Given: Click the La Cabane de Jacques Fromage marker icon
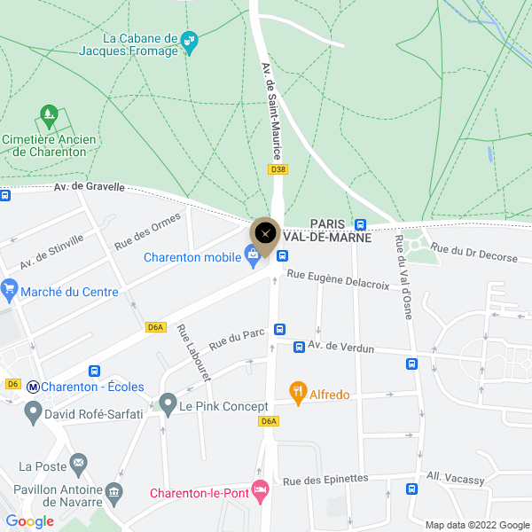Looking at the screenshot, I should point(189,42).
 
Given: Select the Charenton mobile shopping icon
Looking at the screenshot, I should point(253,257).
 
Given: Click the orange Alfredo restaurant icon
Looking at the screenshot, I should point(298,390).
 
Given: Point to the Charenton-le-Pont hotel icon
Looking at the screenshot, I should point(261,489).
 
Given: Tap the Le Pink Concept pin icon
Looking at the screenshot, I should point(168,406).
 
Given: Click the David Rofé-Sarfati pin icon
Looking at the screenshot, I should point(34,411).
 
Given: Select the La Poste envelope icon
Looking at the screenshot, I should point(79,462).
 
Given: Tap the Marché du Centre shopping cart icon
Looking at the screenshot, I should point(10,289).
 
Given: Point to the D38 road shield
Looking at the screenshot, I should point(278,168).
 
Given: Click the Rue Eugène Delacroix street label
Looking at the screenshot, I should point(338,280).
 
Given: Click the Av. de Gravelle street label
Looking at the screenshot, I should point(84,187).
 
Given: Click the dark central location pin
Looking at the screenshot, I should point(265,234).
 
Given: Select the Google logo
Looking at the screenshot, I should point(30,521).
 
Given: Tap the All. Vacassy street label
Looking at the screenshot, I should point(456,477).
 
